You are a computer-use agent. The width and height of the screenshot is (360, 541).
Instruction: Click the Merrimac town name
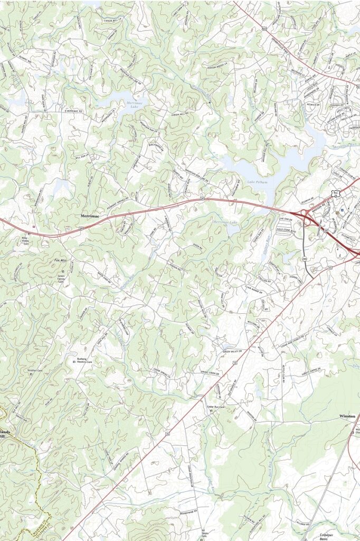(90, 216)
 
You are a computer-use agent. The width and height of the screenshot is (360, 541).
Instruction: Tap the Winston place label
(347, 416)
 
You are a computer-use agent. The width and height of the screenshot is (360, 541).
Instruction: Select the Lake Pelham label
(258, 182)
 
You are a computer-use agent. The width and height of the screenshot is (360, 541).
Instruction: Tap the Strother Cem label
(35, 370)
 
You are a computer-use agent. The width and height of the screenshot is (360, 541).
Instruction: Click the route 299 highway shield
(305, 258)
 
